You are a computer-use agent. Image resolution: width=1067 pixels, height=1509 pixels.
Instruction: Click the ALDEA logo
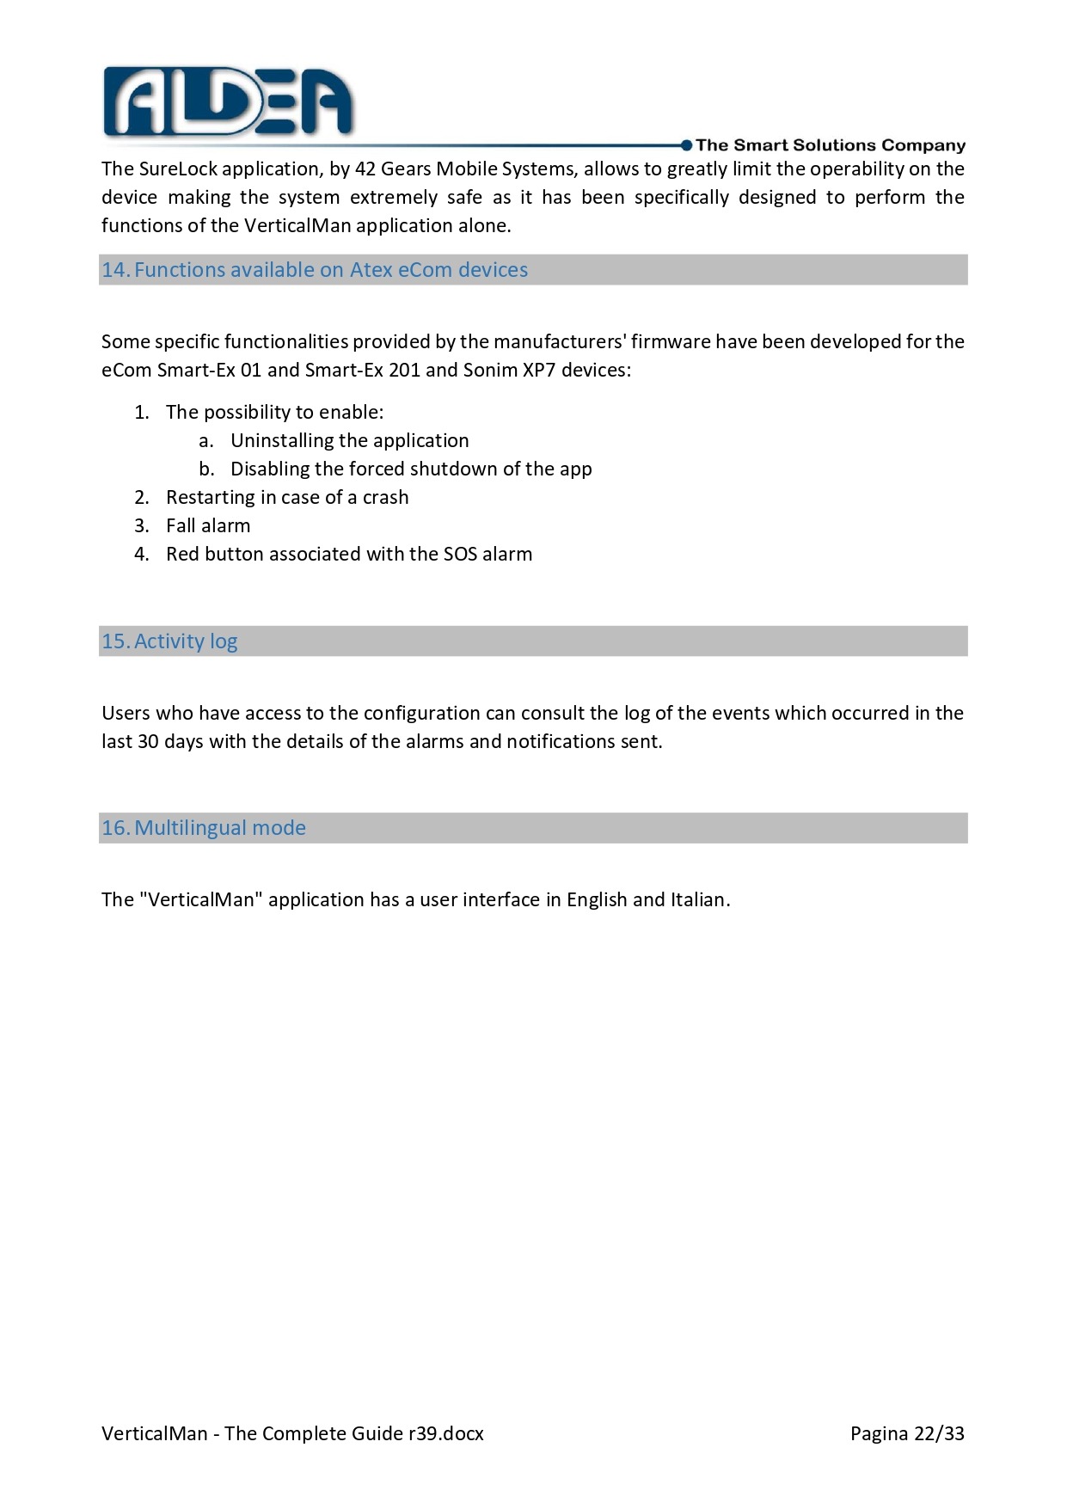(x=228, y=102)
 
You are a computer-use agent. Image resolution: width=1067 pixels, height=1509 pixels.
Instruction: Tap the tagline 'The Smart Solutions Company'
(x=830, y=145)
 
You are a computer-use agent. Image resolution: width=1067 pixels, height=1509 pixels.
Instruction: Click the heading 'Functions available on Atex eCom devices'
(x=331, y=270)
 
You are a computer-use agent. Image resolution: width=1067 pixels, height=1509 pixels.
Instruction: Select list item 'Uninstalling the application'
(x=349, y=441)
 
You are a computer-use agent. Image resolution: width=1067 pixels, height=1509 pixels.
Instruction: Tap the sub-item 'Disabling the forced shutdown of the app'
(x=411, y=469)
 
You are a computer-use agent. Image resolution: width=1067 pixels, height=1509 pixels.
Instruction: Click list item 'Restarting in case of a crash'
(x=287, y=498)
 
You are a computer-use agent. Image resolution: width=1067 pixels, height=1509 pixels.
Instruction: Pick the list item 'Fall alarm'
(x=208, y=526)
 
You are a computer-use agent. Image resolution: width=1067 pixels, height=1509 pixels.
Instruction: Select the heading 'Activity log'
(x=186, y=641)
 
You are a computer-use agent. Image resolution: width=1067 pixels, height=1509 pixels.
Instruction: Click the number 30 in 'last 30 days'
(x=148, y=742)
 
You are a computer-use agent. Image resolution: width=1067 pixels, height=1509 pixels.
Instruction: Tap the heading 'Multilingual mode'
(x=220, y=828)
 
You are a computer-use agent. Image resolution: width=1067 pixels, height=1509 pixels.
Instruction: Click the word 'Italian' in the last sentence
(x=698, y=900)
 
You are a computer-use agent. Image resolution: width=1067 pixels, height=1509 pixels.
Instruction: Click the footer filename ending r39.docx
(x=292, y=1433)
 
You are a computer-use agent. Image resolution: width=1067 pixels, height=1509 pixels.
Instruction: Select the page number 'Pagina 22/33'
(x=907, y=1433)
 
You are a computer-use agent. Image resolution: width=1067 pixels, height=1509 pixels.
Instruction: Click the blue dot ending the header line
(x=686, y=145)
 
